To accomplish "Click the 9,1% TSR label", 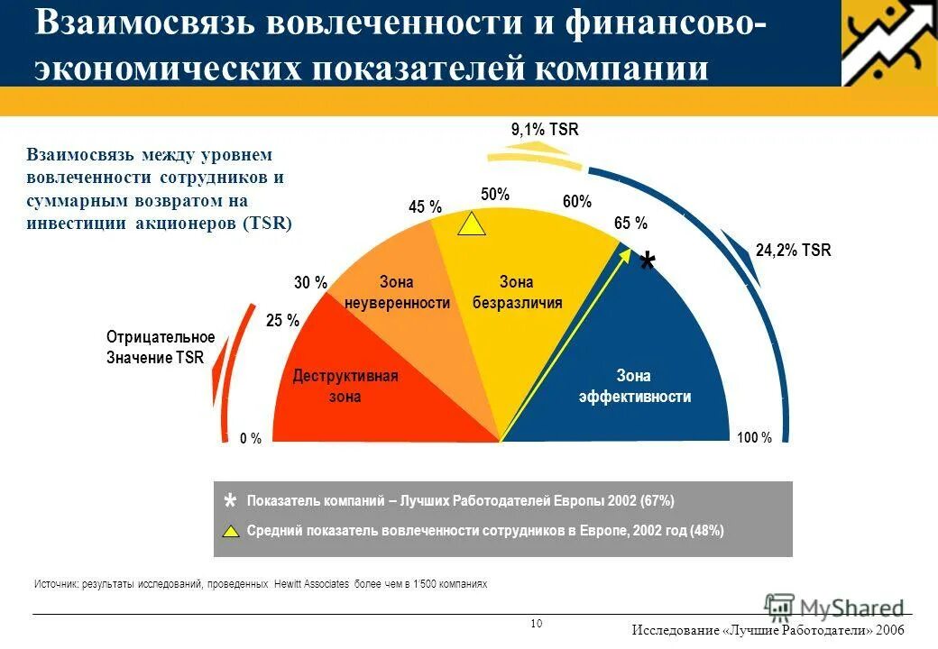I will tap(544, 130).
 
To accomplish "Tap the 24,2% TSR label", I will tap(793, 251).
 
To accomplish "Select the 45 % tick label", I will tap(425, 207).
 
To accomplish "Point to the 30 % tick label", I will tap(310, 283).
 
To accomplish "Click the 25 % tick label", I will tap(282, 319).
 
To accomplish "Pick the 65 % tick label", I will tap(630, 224).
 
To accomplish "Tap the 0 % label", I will tap(251, 439).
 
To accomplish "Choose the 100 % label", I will tap(754, 438).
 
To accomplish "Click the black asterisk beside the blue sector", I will tap(647, 264).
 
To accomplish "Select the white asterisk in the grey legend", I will tap(230, 501).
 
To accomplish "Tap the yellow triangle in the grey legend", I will tap(231, 530).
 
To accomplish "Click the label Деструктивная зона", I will tap(345, 386).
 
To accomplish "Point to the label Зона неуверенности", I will tap(397, 293).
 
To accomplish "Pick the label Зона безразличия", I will tap(517, 293).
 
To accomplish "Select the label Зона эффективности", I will tap(634, 386).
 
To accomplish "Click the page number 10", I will tap(537, 624).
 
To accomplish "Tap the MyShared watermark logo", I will tap(834, 608).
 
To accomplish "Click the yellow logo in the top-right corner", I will tap(889, 42).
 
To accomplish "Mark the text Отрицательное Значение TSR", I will tap(161, 347).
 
